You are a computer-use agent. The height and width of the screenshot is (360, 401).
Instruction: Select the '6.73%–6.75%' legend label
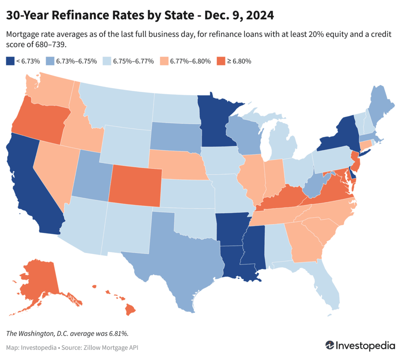click(76, 61)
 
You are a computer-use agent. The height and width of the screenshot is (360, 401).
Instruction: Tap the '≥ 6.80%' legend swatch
click(220, 61)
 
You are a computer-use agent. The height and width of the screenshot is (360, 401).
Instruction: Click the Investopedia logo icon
click(330, 345)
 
